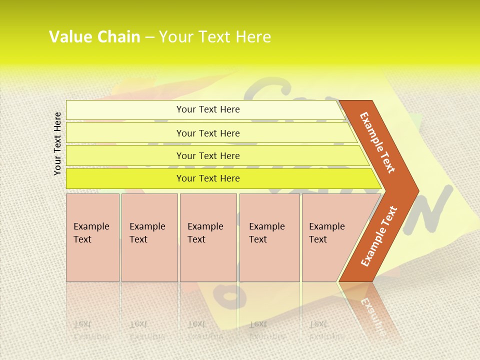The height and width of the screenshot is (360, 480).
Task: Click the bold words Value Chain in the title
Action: [94, 37]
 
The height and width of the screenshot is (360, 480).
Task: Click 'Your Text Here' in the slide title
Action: [214, 37]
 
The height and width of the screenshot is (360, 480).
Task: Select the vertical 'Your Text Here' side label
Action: [57, 143]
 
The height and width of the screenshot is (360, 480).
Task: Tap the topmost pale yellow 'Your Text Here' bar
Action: [208, 109]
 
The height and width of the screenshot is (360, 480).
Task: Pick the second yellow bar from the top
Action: [208, 133]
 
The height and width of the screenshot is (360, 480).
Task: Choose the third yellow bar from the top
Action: [208, 155]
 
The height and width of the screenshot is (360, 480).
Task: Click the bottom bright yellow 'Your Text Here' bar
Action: [208, 178]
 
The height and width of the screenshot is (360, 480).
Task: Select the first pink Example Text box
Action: [92, 237]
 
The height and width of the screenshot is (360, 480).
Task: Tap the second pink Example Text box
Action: [149, 237]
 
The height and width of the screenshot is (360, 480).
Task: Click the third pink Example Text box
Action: [207, 237]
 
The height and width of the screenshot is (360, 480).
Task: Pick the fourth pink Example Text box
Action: [269, 237]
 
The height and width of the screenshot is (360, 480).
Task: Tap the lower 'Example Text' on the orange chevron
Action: [379, 236]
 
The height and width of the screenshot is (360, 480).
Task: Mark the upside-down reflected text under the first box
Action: [90, 330]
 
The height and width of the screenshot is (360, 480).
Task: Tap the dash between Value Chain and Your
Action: [149, 37]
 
